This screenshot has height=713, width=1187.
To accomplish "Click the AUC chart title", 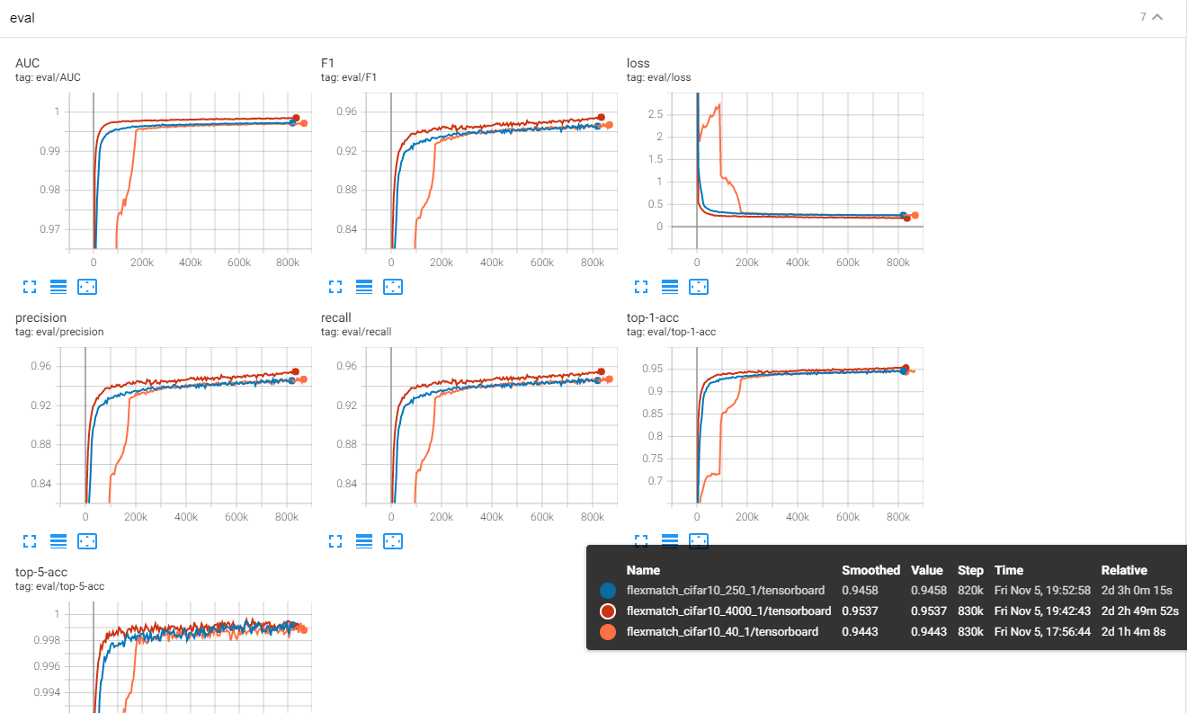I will (28, 63).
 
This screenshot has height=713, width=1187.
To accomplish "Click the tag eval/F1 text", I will (348, 77).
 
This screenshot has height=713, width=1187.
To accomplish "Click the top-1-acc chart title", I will (654, 317).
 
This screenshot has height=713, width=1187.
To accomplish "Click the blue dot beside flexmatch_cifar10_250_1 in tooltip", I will (608, 591).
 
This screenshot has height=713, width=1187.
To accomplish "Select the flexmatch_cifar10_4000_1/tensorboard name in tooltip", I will (728, 611).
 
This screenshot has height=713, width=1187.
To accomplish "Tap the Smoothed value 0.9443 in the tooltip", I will (860, 632).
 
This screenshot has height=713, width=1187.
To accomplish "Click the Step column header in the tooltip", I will (970, 570).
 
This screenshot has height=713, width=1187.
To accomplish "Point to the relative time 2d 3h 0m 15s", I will (1139, 591).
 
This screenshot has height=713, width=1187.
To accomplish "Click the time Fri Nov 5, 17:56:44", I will (1042, 632).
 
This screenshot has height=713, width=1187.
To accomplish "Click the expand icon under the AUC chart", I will (30, 287).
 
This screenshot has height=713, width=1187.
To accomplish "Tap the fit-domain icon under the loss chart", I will (699, 287).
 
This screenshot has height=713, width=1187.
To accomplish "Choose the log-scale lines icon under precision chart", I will (58, 541).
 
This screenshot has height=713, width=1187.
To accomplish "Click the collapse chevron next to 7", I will (1157, 17).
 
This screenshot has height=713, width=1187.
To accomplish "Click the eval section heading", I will (22, 18).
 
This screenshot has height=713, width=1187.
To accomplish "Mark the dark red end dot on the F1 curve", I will (602, 117).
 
